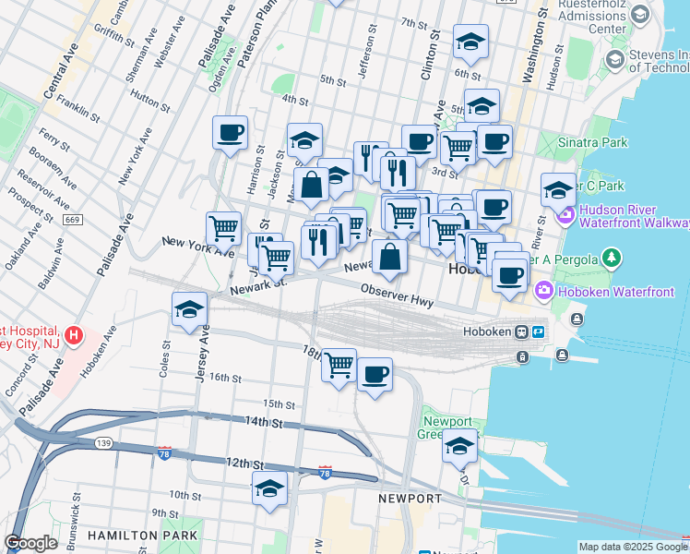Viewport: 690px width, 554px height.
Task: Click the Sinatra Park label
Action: click(595, 142)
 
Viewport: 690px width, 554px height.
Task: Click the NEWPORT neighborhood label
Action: click(410, 499)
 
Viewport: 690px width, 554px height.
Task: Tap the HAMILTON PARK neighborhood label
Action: click(142, 536)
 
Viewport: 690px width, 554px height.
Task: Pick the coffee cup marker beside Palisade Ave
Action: click(230, 132)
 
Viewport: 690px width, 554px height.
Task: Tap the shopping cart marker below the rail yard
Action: click(339, 365)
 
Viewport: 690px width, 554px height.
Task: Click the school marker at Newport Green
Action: click(459, 445)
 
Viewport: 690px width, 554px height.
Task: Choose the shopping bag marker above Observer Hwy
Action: click(390, 257)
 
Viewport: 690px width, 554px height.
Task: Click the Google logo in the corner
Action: click(31, 543)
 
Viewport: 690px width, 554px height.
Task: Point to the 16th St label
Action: click(224, 378)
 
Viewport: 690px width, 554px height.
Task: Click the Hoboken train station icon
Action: click(521, 331)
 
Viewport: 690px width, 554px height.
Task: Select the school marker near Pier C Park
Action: click(558, 189)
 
